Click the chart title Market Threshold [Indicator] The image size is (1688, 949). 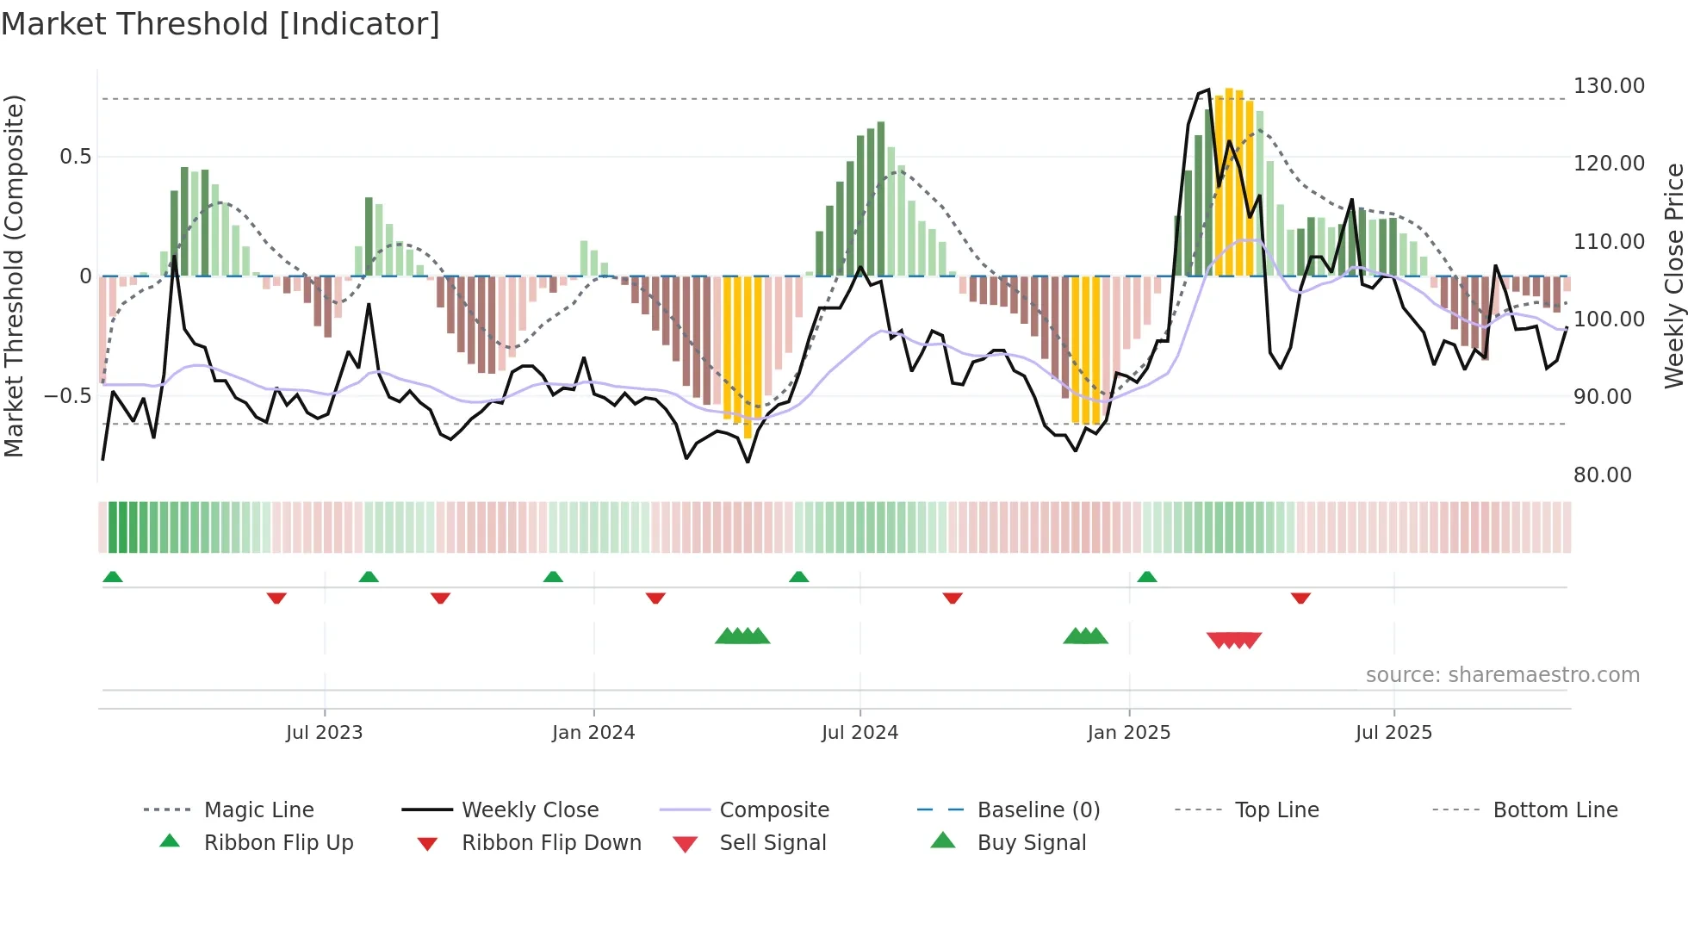(220, 24)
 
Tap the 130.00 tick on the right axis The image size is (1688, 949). (1608, 86)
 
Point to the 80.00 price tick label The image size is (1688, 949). (1602, 475)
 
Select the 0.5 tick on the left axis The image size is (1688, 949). (75, 157)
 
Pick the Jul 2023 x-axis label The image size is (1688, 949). (324, 733)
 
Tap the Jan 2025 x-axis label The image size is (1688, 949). (1128, 733)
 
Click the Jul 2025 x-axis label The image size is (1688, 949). (1393, 733)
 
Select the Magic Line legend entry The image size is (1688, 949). (258, 810)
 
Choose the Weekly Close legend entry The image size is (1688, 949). (530, 810)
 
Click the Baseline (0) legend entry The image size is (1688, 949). (1038, 810)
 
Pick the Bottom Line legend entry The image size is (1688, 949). (1555, 810)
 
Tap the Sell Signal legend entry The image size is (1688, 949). (772, 843)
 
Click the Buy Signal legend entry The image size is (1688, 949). (1031, 843)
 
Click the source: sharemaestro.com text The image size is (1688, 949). (1502, 675)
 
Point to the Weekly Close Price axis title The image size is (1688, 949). (1673, 276)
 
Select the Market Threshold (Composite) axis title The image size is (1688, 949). (14, 276)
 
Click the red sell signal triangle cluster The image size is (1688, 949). (1233, 640)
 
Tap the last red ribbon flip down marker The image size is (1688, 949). (1300, 598)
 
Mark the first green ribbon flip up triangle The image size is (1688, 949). (113, 577)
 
